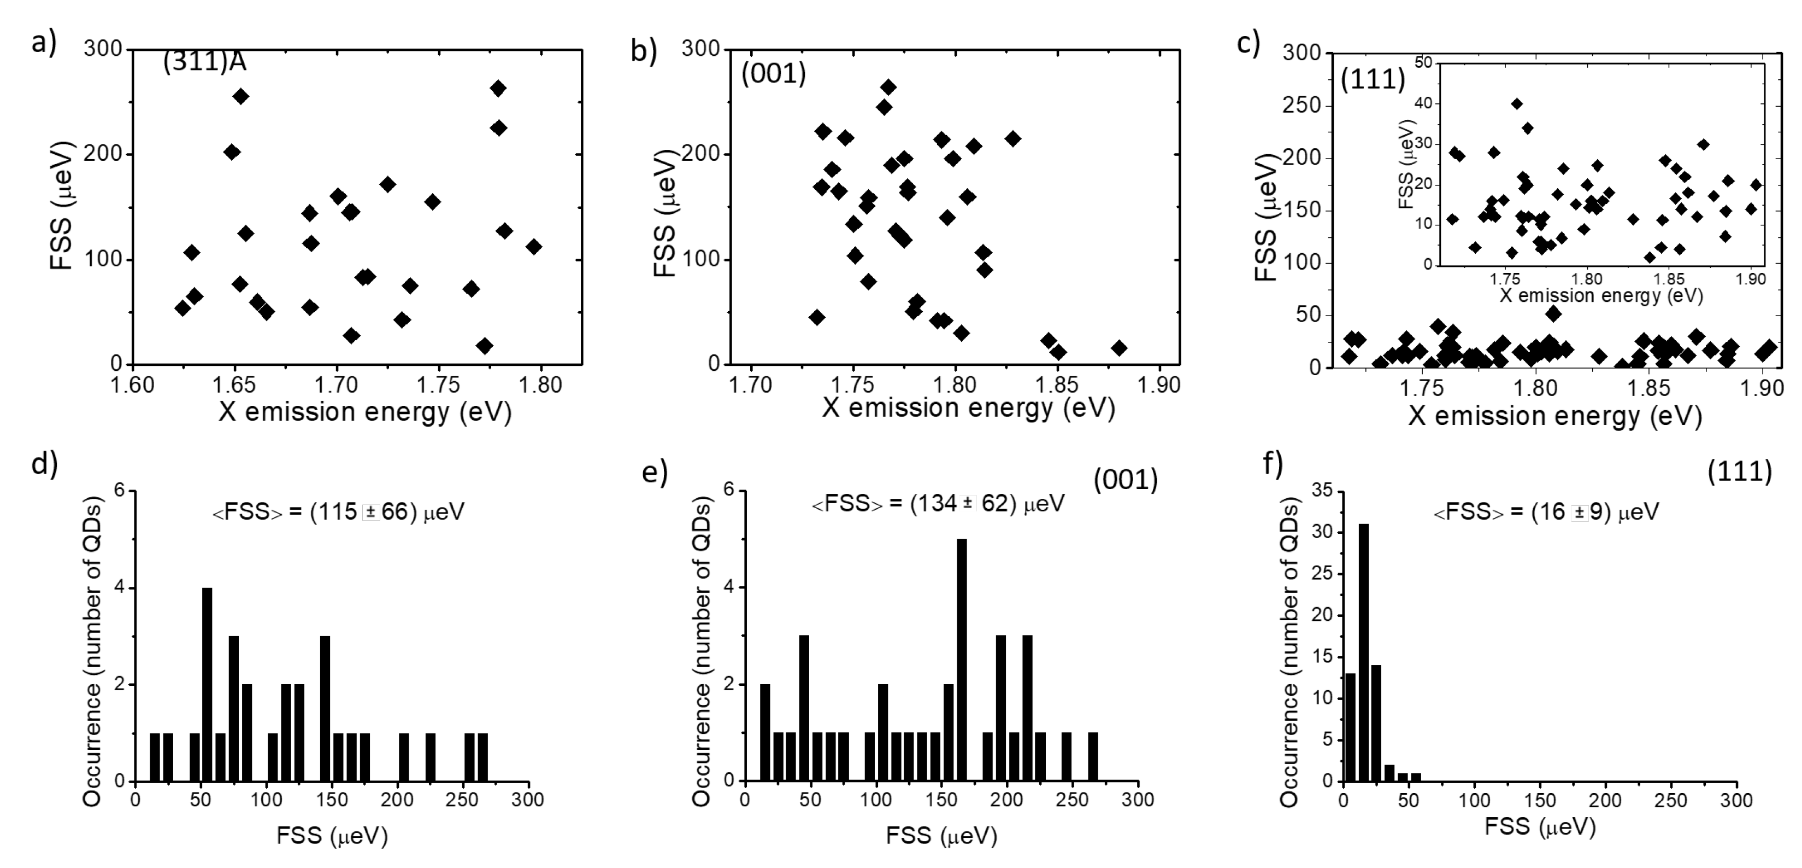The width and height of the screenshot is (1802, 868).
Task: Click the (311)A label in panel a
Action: click(204, 62)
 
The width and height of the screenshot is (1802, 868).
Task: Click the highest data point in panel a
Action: click(498, 88)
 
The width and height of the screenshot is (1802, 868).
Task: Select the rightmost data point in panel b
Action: click(1119, 348)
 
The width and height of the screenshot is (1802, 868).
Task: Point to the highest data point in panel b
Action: click(888, 88)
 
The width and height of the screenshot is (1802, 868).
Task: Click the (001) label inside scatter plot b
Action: click(774, 73)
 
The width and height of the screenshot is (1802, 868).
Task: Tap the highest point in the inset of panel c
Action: click(1517, 103)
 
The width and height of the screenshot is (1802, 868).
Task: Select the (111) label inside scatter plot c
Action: click(1373, 80)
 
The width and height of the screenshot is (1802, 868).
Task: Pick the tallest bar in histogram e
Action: click(962, 660)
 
